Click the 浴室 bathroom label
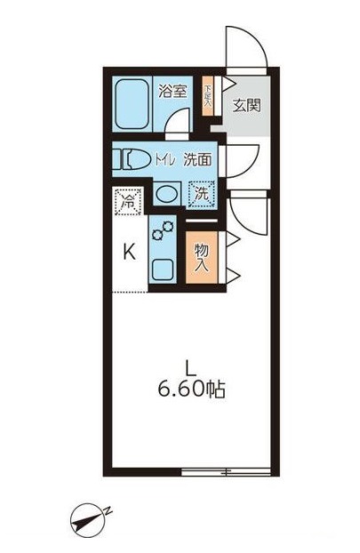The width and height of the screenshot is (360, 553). pos(172,90)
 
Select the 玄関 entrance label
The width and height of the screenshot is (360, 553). pos(245,104)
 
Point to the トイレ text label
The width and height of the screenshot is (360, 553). pos(164,161)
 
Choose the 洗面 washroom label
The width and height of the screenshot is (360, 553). pos(197,161)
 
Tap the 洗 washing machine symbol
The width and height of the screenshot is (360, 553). pos(203,192)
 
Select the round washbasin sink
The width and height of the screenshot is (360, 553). pos(165,194)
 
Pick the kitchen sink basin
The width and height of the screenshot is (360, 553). pos(165,268)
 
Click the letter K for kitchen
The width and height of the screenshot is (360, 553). pos(130,252)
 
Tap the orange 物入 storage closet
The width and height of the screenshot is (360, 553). pos(202,255)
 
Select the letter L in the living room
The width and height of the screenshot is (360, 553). pos(190,366)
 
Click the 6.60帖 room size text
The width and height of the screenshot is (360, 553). pos(190,388)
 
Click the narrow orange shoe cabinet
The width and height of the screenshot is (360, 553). pos(208,93)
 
